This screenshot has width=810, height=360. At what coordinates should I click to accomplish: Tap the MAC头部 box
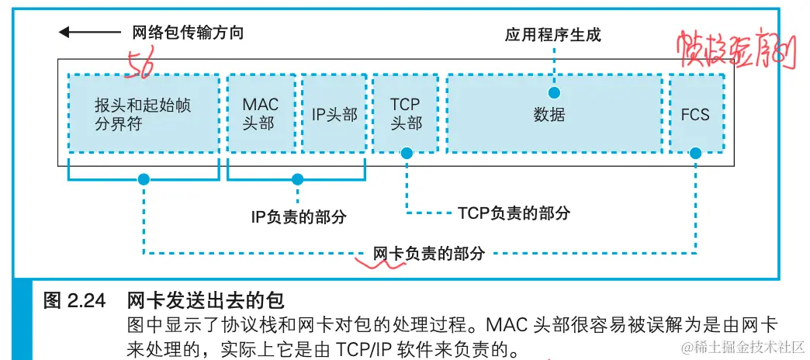(x=260, y=113)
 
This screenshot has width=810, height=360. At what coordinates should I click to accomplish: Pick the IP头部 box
(x=334, y=113)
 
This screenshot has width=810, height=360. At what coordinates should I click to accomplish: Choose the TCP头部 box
(x=406, y=113)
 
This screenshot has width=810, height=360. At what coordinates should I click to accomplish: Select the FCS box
(x=695, y=114)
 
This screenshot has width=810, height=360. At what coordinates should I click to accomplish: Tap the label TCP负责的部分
(x=514, y=212)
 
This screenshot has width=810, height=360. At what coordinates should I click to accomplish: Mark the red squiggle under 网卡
(x=380, y=263)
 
